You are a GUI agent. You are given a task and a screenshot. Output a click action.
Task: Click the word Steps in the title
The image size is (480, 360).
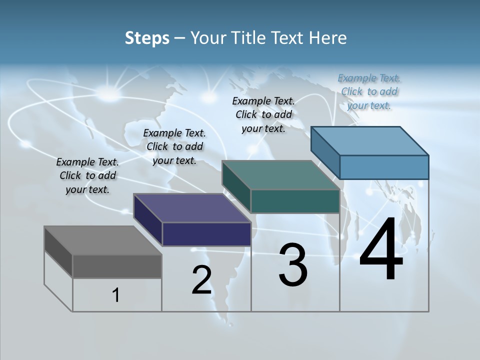pyautogui.click(x=147, y=38)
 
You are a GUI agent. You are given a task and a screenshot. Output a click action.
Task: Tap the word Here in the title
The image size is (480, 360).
pyautogui.click(x=328, y=38)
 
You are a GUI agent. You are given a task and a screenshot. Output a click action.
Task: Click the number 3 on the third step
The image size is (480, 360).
pyautogui.click(x=293, y=265)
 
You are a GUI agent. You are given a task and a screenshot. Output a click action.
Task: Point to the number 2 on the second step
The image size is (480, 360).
pyautogui.click(x=201, y=280)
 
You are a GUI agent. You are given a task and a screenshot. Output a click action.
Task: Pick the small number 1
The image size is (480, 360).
pyautogui.click(x=116, y=295)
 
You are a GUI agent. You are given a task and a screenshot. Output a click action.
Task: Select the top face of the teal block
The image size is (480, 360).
pyautogui.click(x=280, y=175)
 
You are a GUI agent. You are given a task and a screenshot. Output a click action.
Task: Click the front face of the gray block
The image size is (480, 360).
pyautogui.click(x=117, y=266)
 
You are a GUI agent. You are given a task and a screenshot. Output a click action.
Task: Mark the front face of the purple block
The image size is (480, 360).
pyautogui.click(x=206, y=234)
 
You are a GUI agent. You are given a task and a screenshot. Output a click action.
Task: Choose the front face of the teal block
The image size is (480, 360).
pyautogui.click(x=295, y=201)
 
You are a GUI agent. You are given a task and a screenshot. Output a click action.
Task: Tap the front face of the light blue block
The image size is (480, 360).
pyautogui.click(x=384, y=167)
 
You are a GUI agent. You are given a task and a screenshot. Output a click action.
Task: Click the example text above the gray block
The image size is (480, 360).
pyautogui.click(x=87, y=175)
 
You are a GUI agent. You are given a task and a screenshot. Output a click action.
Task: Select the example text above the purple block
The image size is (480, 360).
pyautogui.click(x=174, y=146)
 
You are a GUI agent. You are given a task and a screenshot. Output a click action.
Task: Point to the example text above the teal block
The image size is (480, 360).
pyautogui.click(x=263, y=114)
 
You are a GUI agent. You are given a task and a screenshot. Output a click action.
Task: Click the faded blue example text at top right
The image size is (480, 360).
pyautogui.click(x=369, y=91)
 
